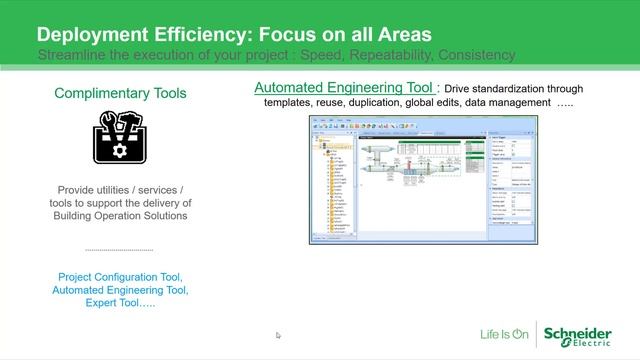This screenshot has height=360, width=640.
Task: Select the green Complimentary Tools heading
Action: pyautogui.click(x=120, y=94)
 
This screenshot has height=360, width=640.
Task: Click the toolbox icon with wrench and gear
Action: pyautogui.click(x=121, y=137)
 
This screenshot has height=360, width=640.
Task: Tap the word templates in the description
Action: pyautogui.click(x=291, y=103)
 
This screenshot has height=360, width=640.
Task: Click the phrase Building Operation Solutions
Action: pyautogui.click(x=120, y=216)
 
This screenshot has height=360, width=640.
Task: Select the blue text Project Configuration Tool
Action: pyautogui.click(x=120, y=276)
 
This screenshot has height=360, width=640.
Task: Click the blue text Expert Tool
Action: pyautogui.click(x=120, y=304)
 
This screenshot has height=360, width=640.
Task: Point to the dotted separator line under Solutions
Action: pyautogui.click(x=120, y=250)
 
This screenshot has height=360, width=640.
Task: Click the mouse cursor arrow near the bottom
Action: pyautogui.click(x=279, y=336)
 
